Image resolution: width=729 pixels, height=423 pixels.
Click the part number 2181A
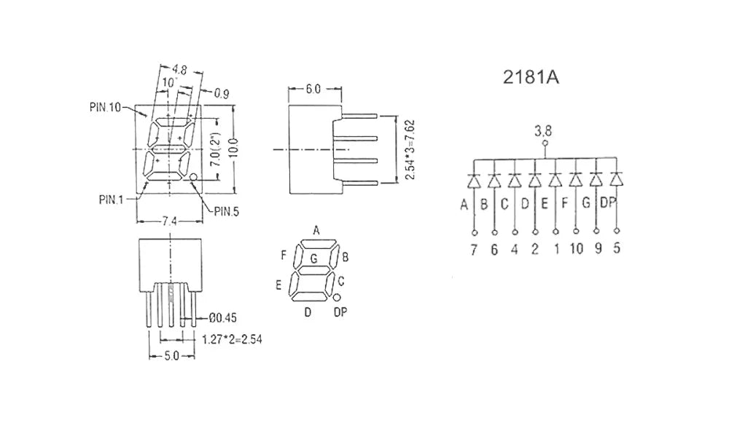pos(531,78)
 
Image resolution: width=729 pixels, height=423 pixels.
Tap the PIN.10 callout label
pos(105,108)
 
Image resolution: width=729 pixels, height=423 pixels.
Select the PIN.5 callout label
pos(227,212)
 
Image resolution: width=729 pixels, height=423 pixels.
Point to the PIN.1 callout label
pos(111,199)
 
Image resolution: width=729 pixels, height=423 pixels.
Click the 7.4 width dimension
pos(169,221)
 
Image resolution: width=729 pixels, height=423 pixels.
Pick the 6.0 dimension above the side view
pos(313,89)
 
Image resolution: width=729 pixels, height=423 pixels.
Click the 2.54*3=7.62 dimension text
pos(410,150)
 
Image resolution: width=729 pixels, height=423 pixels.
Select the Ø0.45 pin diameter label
pos(222,318)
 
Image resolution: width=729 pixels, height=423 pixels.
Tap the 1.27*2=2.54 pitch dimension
pos(232,339)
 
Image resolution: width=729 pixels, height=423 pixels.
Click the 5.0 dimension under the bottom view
pos(171,356)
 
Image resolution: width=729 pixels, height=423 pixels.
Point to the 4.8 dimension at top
pos(179,70)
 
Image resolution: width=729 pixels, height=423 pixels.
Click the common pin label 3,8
pos(542,131)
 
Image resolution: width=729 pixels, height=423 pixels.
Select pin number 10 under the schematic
pos(576,249)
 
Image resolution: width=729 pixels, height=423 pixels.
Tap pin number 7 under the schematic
pos(474,250)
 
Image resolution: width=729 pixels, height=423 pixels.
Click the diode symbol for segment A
pos(474,180)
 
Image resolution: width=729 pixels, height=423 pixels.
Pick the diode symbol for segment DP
pos(617,180)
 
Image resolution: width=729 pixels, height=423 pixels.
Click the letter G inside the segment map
pos(313,258)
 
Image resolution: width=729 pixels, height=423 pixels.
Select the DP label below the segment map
pos(340,312)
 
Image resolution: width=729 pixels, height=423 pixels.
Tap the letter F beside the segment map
pos(284,256)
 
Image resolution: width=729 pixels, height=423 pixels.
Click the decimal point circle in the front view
pos(193,177)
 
